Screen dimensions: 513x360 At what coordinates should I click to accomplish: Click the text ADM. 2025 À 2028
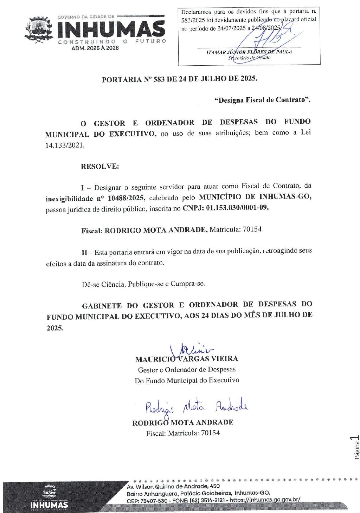[95, 48]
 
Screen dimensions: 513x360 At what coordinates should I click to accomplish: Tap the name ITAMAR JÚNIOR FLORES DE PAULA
[249, 52]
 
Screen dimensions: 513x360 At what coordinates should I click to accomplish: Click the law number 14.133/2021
[65, 145]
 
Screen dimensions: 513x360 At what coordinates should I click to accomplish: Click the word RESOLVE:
[100, 167]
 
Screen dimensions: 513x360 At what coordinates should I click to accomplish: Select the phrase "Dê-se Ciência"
[103, 284]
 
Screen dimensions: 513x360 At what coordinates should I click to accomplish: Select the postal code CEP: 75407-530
[147, 500]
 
